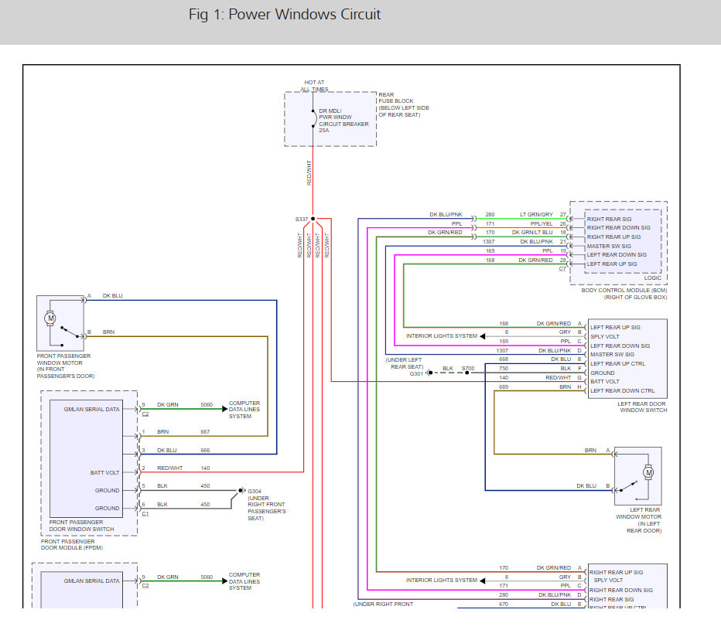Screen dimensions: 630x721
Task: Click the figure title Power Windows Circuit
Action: (285, 15)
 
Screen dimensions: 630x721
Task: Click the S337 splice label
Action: (301, 219)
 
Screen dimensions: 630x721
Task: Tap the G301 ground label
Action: (416, 373)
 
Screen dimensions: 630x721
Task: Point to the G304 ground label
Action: (255, 491)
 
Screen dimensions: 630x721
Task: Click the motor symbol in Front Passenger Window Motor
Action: (51, 318)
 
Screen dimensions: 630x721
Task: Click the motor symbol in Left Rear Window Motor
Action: (648, 472)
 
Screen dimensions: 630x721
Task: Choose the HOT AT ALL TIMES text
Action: (314, 85)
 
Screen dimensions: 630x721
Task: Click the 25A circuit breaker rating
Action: (324, 131)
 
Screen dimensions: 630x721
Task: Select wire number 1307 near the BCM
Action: (489, 241)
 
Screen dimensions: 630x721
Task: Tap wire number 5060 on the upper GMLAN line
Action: (207, 404)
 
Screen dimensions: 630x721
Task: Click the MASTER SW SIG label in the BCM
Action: (610, 246)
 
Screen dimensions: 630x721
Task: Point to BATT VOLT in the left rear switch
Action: (605, 382)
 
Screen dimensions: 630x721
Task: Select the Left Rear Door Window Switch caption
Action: (641, 407)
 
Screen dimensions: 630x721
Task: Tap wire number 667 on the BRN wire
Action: (205, 431)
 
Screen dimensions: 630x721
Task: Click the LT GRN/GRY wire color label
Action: (536, 214)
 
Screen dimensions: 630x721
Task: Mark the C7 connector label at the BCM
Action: (562, 268)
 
